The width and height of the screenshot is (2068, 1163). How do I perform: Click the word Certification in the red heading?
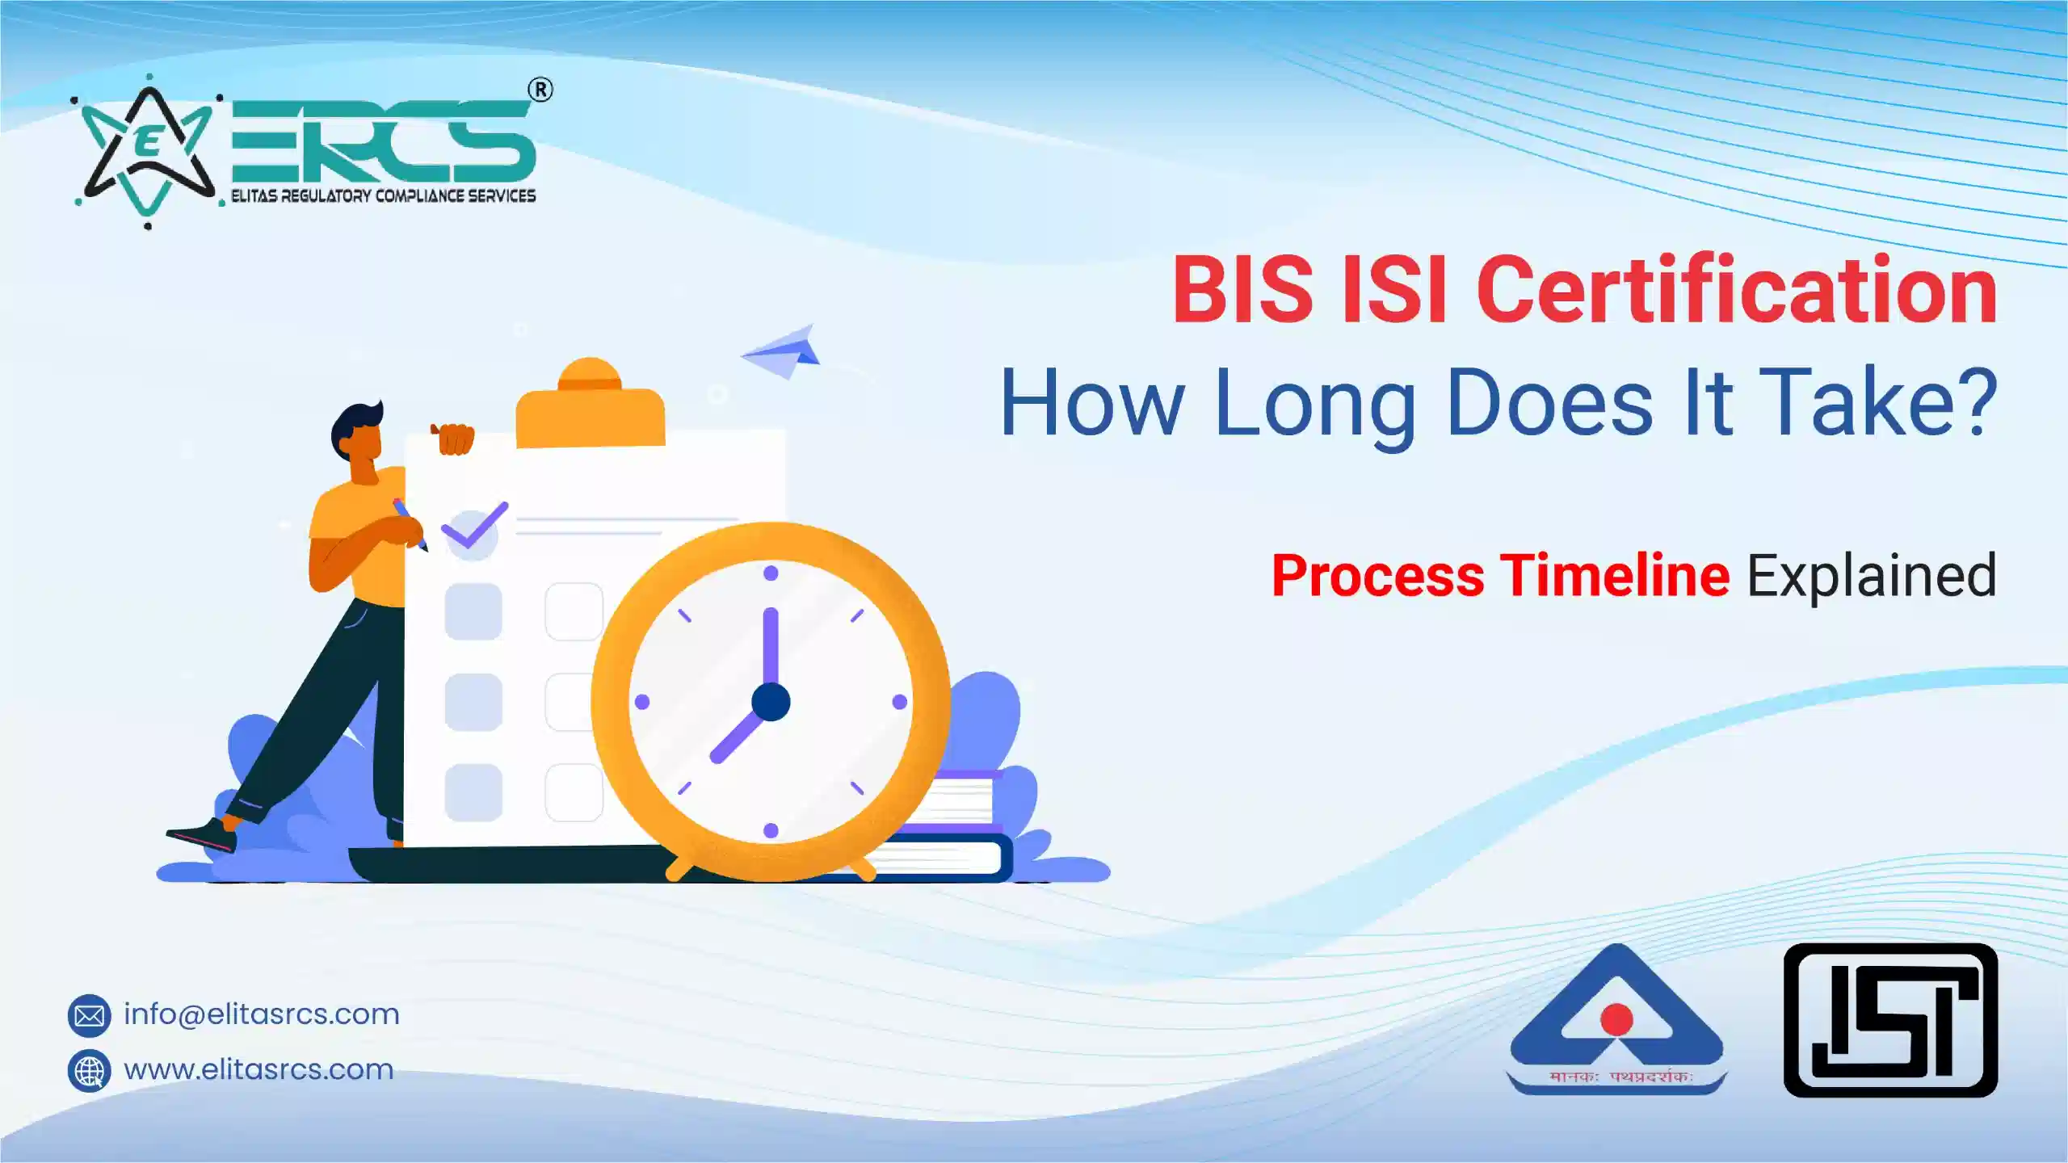tap(1737, 289)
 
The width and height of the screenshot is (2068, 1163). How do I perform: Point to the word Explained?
tap(1872, 577)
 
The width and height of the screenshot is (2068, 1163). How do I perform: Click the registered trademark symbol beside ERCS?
tap(540, 90)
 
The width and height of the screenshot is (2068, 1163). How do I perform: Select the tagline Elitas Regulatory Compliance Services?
tap(383, 196)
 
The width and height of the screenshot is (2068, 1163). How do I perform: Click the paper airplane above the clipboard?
tap(784, 352)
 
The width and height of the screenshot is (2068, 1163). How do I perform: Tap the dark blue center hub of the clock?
tap(771, 701)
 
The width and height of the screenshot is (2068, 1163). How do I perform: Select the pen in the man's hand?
tap(410, 523)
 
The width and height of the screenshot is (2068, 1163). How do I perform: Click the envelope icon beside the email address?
tap(89, 1015)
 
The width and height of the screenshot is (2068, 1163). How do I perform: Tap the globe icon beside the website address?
tap(89, 1071)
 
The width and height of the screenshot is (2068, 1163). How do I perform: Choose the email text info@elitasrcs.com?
tap(261, 1014)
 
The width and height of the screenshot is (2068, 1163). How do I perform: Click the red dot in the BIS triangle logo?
tap(1616, 1019)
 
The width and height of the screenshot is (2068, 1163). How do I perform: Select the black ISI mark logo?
tap(1890, 1020)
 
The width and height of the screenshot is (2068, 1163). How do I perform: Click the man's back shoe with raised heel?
tap(202, 837)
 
